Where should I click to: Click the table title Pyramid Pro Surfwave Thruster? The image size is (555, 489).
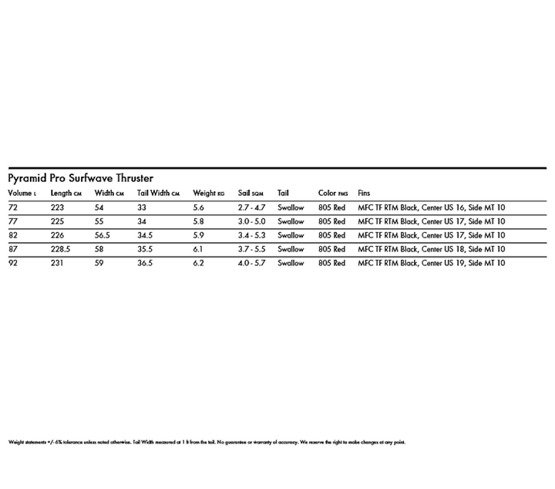tap(80, 178)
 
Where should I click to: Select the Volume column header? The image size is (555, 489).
tap(22, 193)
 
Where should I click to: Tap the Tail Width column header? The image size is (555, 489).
tap(158, 193)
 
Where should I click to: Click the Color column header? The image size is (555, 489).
tap(333, 193)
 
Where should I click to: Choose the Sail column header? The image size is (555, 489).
tap(251, 193)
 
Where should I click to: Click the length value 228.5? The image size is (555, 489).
tap(61, 249)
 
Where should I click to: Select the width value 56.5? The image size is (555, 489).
tap(103, 235)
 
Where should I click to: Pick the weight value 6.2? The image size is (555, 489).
tap(199, 263)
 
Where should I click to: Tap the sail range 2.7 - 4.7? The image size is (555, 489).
tap(251, 207)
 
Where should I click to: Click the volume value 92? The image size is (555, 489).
tap(13, 263)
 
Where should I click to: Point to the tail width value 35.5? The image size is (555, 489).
tap(146, 249)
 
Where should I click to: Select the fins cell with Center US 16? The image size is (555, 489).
tap(432, 207)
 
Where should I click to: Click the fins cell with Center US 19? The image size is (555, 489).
tap(432, 263)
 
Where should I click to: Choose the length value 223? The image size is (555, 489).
tap(57, 207)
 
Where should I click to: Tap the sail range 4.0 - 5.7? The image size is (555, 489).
tap(251, 263)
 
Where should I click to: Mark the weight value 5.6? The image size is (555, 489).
tap(199, 207)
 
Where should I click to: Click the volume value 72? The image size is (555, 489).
tap(13, 207)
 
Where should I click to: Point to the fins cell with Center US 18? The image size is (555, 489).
tap(432, 249)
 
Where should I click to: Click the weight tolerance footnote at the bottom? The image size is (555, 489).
tap(207, 443)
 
